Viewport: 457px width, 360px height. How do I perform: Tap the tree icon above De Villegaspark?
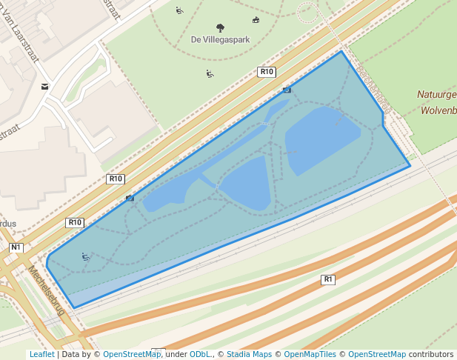[220, 28]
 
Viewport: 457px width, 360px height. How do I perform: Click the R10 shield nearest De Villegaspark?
[267, 72]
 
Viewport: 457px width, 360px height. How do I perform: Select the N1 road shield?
[16, 247]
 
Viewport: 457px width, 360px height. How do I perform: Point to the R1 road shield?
[328, 279]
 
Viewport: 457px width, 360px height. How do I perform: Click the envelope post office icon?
[45, 87]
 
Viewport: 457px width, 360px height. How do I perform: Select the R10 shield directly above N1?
[75, 222]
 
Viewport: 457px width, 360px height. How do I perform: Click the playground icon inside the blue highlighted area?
[86, 257]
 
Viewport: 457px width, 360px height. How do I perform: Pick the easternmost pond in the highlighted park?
[321, 137]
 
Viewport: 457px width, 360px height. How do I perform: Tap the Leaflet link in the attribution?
[41, 354]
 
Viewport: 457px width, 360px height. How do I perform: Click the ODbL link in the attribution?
[200, 354]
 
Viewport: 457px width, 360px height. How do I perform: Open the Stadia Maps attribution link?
[249, 354]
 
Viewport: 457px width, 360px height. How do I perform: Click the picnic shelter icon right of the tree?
[256, 20]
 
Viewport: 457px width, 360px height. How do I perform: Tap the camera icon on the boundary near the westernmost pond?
[130, 198]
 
